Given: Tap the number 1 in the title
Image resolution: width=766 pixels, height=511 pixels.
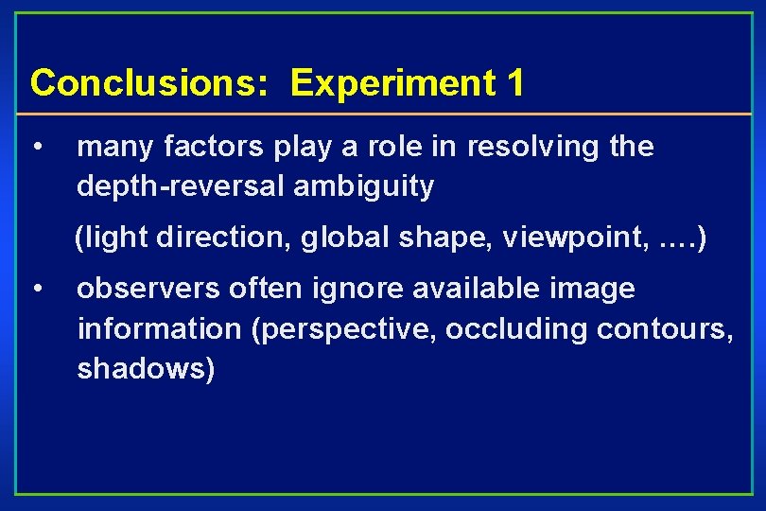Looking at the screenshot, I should point(514,83).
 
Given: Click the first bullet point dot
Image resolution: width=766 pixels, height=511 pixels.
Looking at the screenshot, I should point(35,147).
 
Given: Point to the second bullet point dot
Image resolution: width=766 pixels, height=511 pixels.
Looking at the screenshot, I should point(35,287).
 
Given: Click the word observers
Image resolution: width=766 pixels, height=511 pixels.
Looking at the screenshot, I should point(146,288).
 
